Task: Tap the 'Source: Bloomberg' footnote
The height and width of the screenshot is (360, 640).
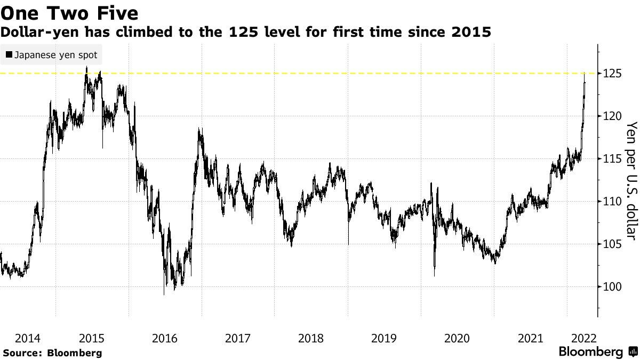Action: [x=52, y=353]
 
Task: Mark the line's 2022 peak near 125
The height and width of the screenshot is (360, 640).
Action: [x=585, y=75]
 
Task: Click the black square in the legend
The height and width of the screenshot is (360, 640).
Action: [x=9, y=55]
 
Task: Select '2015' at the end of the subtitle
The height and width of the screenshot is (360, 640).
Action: [x=471, y=33]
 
